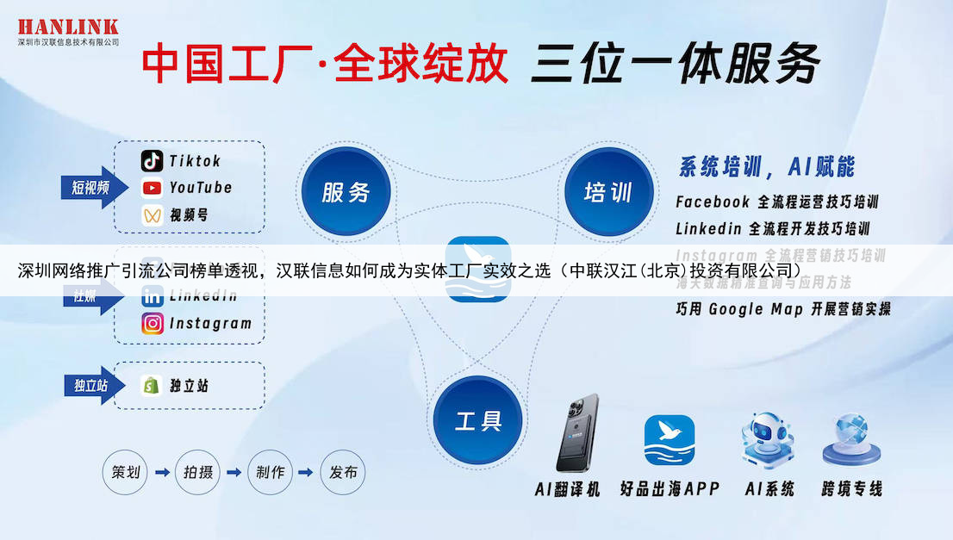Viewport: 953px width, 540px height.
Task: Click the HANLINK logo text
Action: point(67,26)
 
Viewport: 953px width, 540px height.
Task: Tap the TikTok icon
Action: point(153,161)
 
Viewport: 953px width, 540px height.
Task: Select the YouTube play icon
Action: point(153,188)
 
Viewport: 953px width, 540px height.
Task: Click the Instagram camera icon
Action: point(153,324)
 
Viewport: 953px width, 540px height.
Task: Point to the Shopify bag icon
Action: point(153,385)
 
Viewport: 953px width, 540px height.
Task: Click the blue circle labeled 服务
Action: point(346,192)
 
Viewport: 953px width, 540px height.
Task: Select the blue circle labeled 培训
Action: point(608,192)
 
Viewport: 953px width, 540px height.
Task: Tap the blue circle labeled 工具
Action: point(478,421)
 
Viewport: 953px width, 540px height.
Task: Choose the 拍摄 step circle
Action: point(198,472)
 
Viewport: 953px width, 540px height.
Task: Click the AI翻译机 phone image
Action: point(577,433)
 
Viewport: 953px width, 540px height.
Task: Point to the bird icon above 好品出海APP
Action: point(670,440)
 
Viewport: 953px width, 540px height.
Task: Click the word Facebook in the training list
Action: point(713,202)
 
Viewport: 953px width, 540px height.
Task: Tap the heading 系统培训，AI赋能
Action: point(767,166)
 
